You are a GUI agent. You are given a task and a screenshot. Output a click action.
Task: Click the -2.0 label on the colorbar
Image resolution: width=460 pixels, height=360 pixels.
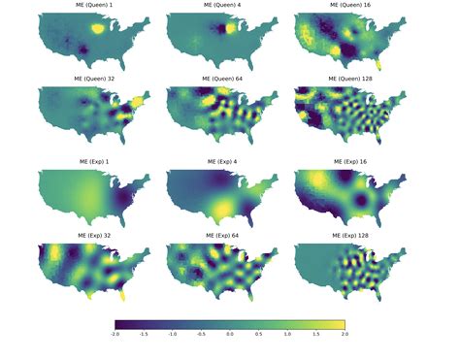(115, 334)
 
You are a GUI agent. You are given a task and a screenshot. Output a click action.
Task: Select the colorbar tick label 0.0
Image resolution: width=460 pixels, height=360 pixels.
(230, 334)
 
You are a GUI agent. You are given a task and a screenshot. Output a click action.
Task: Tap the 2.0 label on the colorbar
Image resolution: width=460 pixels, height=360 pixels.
(345, 334)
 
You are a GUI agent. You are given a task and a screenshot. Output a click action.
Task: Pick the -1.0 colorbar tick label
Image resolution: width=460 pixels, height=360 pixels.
(173, 334)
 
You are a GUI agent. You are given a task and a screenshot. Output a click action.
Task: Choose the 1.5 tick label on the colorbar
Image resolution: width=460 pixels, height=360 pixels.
(316, 334)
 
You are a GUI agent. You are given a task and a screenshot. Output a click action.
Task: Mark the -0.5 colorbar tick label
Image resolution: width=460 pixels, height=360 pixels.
(201, 334)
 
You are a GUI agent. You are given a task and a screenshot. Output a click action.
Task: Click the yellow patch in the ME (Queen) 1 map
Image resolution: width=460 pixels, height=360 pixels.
(96, 30)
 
